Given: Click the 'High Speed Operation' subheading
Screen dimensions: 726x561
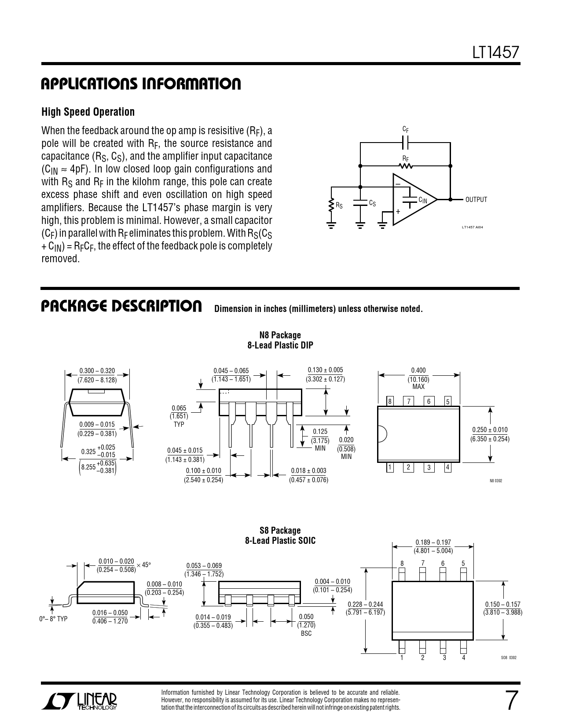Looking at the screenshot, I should (x=88, y=112).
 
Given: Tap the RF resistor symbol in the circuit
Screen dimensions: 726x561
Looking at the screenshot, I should (x=405, y=166).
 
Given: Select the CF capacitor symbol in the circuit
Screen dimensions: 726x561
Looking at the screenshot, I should (x=405, y=143).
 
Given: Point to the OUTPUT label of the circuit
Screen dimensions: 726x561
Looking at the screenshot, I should (x=476, y=200).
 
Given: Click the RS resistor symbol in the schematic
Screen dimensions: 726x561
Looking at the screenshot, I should (x=331, y=205).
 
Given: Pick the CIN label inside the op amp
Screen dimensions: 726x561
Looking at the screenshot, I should (x=422, y=200).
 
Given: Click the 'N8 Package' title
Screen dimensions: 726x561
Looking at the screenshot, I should (x=280, y=335).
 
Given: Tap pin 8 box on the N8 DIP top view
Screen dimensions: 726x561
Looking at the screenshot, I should (x=389, y=401).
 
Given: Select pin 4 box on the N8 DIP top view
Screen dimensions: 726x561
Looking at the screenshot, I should (x=447, y=467).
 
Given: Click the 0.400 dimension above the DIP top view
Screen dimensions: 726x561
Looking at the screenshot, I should (x=418, y=370).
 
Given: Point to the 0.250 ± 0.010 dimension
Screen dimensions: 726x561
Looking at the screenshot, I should (x=490, y=430).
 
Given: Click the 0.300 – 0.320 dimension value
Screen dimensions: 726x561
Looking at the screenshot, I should (x=97, y=371).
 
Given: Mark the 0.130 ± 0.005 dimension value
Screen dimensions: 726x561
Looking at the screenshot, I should (x=325, y=370).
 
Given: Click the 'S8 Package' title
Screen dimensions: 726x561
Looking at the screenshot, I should (x=280, y=531).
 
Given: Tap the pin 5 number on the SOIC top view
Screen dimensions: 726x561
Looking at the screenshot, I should (x=463, y=564).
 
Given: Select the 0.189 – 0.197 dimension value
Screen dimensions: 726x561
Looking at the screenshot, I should (x=433, y=543).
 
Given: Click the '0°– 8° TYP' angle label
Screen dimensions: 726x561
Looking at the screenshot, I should (x=53, y=619).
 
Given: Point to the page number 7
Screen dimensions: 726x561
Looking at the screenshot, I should (x=510, y=701).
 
